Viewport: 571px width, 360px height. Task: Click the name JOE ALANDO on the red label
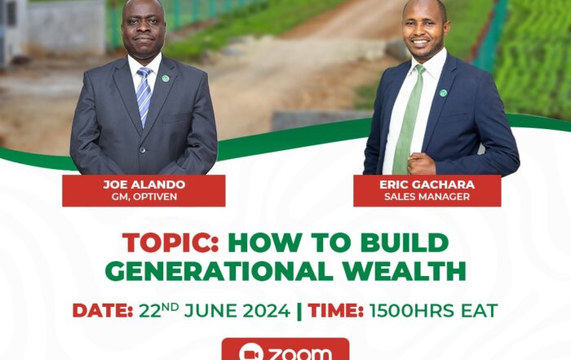(144, 184)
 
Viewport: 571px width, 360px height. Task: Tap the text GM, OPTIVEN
(144, 197)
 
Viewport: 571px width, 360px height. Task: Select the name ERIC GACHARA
(427, 184)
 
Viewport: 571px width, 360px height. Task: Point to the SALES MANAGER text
(427, 197)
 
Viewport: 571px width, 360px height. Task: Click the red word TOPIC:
(170, 242)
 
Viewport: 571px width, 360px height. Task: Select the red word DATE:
(102, 311)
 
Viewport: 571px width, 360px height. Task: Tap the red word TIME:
(336, 311)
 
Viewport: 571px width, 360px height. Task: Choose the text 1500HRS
(412, 311)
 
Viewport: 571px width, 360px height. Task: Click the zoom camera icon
(249, 353)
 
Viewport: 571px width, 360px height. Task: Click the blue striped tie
(144, 96)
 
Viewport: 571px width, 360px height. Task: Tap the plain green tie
(409, 120)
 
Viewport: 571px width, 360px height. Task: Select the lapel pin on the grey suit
(166, 78)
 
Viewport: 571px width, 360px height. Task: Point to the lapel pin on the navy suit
(443, 92)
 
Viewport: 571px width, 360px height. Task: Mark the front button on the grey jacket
(143, 149)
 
